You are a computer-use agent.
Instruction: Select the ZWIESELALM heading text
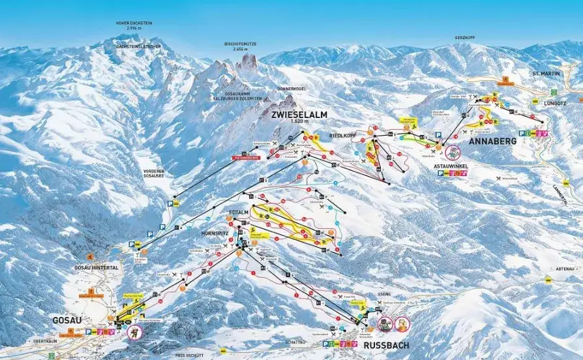coord(297,114)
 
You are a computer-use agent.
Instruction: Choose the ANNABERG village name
coord(492,141)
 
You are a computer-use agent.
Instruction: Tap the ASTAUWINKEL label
coord(450,166)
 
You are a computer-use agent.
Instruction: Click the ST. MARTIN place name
coord(545,74)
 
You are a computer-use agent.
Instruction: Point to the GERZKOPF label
coord(465,38)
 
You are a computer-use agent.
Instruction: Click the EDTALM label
coord(240,213)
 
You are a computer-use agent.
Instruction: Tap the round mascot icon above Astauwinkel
coord(452,153)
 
